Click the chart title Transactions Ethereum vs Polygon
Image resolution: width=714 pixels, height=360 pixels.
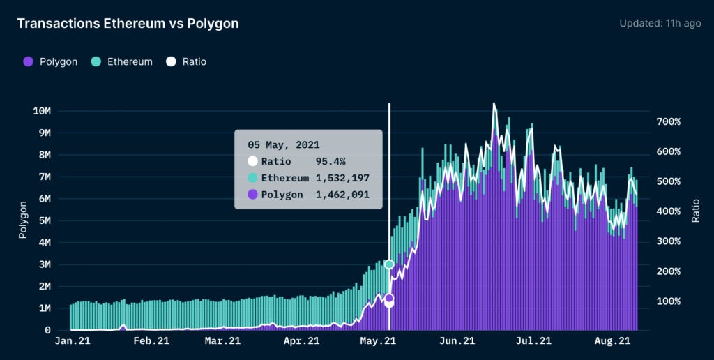(x=128, y=24)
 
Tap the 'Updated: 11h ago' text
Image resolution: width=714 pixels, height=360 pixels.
(x=660, y=24)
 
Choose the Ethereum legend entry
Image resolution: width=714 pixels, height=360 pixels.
(x=122, y=61)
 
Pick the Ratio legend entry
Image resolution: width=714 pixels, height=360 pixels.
(x=186, y=61)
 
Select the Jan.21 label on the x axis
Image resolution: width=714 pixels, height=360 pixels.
(x=72, y=341)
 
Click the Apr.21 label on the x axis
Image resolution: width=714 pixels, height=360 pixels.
(x=302, y=341)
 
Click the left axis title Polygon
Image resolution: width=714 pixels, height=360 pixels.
(x=23, y=220)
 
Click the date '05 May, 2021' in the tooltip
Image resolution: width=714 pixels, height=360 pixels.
(x=284, y=145)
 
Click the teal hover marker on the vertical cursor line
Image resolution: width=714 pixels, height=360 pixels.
(x=389, y=264)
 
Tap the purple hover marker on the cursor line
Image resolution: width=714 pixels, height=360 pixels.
(x=389, y=299)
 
